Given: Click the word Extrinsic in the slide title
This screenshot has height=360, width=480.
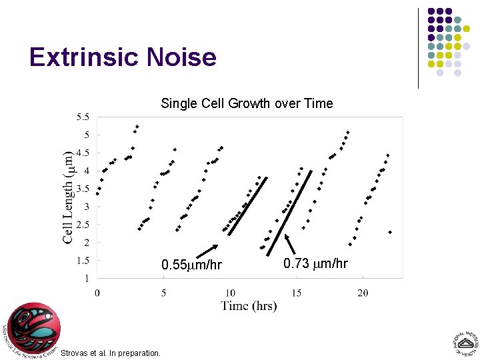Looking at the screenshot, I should [81, 57].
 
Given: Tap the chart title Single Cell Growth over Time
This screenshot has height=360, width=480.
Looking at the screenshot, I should [247, 103].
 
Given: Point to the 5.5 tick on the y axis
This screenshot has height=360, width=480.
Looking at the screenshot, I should [83, 117].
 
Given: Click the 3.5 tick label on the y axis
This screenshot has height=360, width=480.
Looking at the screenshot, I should [83, 189].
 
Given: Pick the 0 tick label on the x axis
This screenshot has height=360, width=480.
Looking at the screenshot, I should [97, 293].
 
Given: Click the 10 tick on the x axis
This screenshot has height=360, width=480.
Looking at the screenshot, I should [230, 293].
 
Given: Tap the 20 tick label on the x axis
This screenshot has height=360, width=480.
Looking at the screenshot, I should [363, 293].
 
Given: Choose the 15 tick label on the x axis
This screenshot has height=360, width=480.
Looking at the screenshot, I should [297, 293].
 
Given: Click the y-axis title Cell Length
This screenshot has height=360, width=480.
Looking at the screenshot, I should [67, 197].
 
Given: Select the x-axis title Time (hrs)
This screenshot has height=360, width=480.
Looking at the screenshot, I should [249, 305].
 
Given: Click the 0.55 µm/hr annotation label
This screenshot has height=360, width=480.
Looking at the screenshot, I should [192, 265].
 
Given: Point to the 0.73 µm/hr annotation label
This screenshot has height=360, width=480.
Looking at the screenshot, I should [315, 263].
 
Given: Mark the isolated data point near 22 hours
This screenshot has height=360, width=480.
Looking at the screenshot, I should [390, 232].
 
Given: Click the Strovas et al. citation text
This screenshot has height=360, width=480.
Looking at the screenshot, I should [111, 353].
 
